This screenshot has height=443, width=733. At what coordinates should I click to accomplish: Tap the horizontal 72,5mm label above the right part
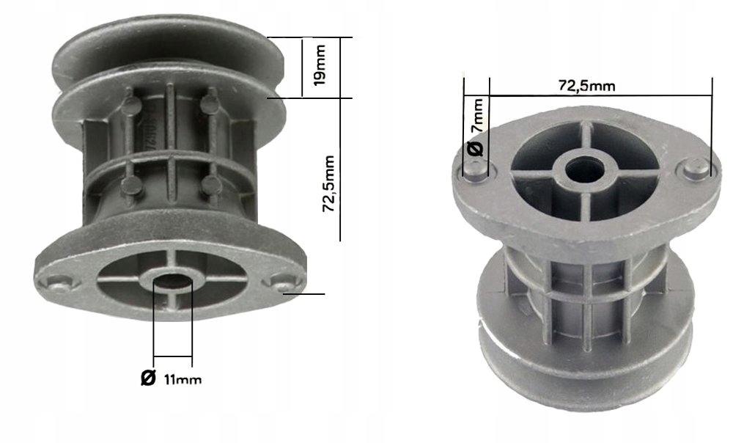(x=586, y=85)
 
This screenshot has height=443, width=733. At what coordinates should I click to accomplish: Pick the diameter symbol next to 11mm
(x=147, y=378)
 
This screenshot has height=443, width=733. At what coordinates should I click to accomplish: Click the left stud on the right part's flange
(x=474, y=170)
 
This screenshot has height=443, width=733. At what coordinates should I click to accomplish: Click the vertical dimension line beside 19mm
(x=301, y=67)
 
